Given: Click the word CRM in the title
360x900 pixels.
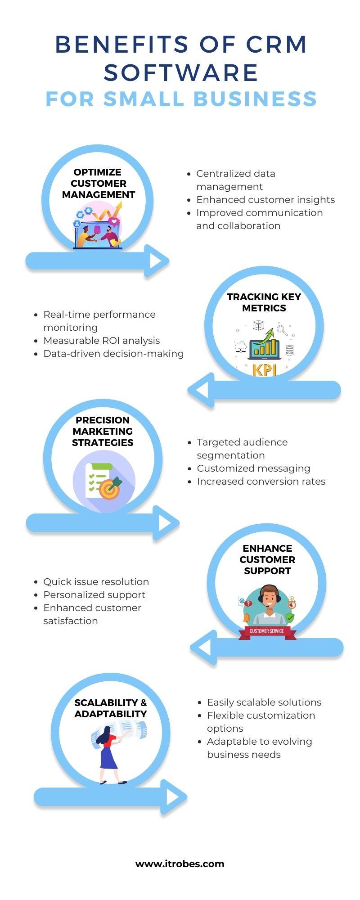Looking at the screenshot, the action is (x=277, y=45).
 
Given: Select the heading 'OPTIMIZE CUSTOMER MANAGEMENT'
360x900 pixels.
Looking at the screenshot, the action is (x=98, y=184).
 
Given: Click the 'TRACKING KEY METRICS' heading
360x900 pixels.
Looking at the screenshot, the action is (x=264, y=302).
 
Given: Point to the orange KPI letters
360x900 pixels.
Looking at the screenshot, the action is (x=264, y=369).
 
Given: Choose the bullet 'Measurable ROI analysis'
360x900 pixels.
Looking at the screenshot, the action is (x=102, y=341).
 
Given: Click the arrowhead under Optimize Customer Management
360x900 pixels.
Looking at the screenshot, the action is (x=157, y=261).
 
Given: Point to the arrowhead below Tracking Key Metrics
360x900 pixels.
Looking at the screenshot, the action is (x=200, y=390).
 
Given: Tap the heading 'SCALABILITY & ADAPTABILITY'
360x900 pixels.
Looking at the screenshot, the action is (x=111, y=708).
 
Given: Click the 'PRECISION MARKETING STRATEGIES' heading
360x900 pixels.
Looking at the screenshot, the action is (x=103, y=431).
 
